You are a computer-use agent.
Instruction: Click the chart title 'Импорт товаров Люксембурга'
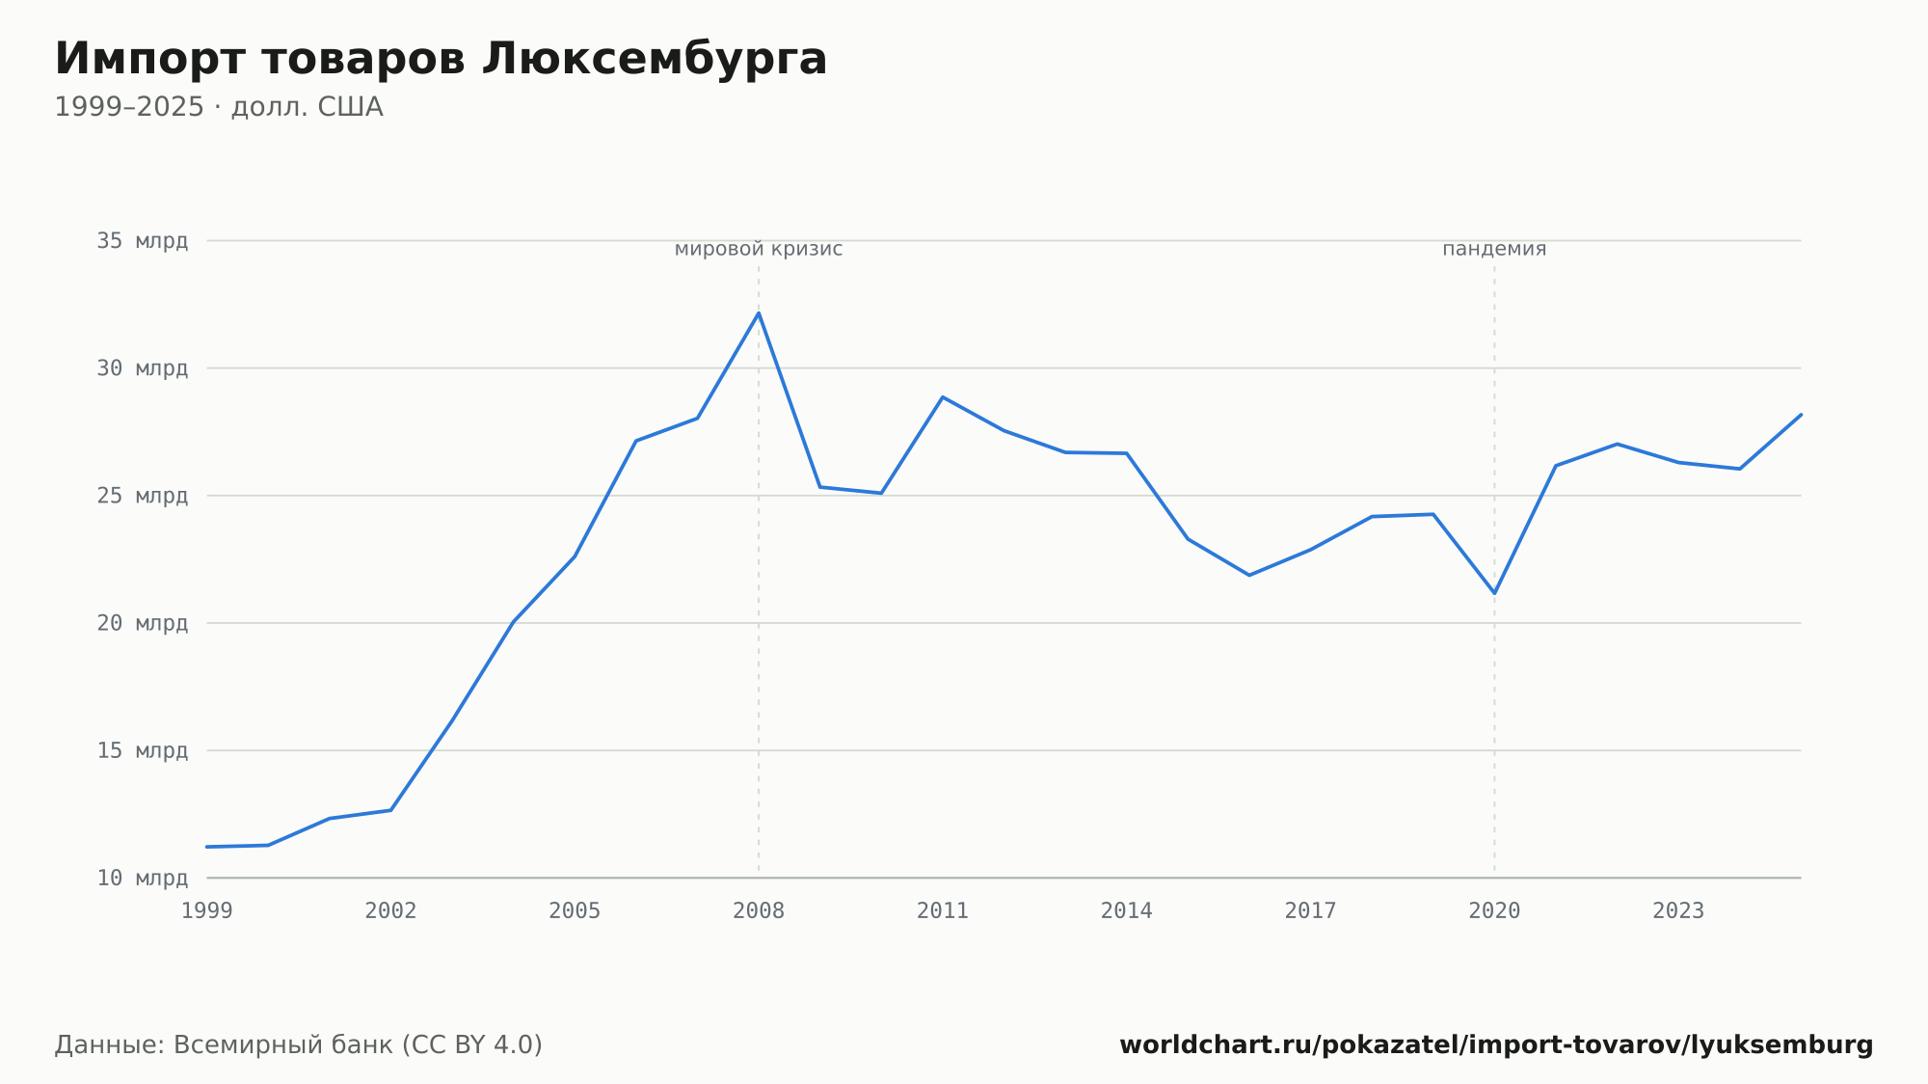[441, 60]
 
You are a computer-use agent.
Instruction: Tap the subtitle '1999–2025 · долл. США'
[219, 107]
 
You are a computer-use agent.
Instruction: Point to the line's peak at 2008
[759, 312]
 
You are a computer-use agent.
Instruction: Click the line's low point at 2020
[1494, 593]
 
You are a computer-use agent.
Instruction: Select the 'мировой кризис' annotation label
[759, 249]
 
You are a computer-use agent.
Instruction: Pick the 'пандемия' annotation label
[1494, 249]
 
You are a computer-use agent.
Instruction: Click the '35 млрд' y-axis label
[142, 241]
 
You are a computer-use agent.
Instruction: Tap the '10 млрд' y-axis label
[142, 878]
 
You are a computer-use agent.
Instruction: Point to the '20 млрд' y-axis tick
[142, 623]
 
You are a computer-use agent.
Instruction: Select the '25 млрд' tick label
[142, 496]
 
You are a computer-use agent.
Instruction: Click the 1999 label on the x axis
[207, 911]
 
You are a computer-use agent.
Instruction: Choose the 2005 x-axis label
[575, 911]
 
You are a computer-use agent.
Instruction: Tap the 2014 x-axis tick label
[1127, 911]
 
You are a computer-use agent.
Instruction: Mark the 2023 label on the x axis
[1678, 911]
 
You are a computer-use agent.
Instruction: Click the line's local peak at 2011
[943, 396]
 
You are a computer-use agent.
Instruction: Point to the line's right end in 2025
[1801, 415]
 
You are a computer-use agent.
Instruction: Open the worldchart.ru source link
[1496, 1045]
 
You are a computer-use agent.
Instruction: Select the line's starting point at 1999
[207, 847]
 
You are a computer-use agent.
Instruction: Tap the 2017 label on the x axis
[1311, 911]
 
